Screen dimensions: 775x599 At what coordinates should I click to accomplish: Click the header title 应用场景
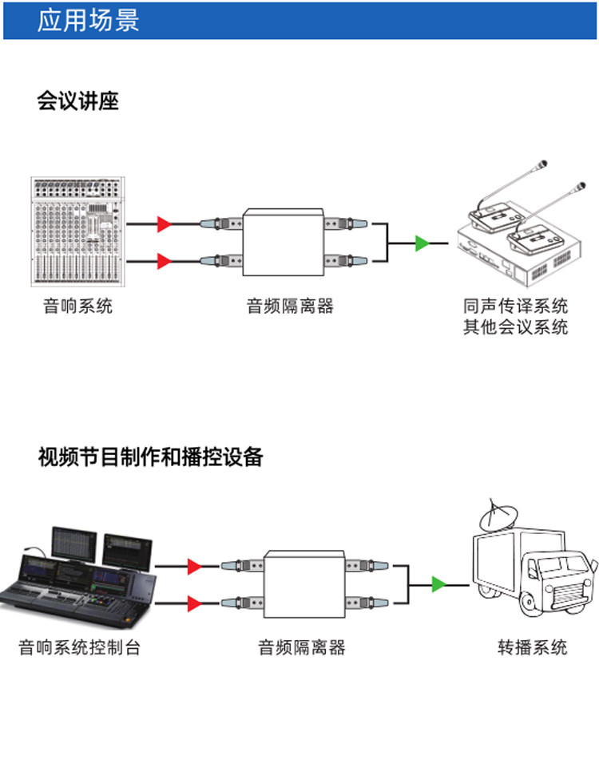coord(88,21)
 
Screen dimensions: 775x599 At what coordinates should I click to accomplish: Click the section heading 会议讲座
coord(77,101)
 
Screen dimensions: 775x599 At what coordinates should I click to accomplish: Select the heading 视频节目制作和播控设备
coord(150,457)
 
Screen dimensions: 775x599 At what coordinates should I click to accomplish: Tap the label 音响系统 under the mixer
coord(77,306)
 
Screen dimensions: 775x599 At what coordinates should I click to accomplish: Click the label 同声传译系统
coord(515,306)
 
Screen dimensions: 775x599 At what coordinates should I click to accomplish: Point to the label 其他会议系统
coord(515,326)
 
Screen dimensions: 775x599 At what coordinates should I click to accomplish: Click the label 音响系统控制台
coord(79,647)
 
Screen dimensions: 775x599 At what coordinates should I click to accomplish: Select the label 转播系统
coord(532,647)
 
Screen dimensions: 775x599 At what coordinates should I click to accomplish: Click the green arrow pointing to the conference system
coord(422,243)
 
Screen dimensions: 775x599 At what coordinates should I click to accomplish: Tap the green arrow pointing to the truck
coord(438,584)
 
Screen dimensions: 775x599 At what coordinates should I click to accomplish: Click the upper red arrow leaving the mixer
coord(164,224)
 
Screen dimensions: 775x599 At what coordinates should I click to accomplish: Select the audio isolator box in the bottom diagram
coord(304,583)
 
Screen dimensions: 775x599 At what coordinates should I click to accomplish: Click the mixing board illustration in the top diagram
coord(77,231)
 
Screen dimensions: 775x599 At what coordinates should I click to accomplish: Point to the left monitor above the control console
coord(74,542)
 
